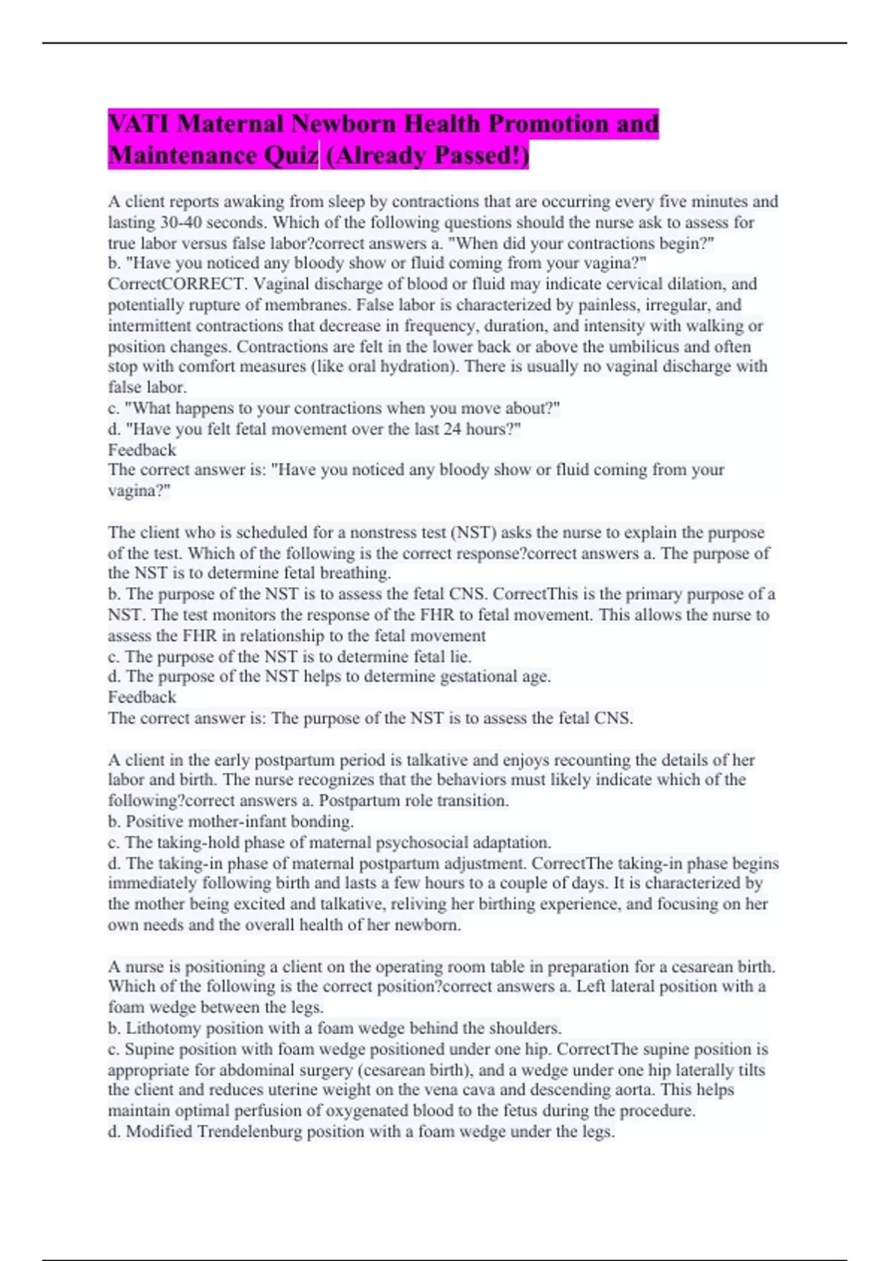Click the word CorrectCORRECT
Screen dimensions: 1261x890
click(x=176, y=283)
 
